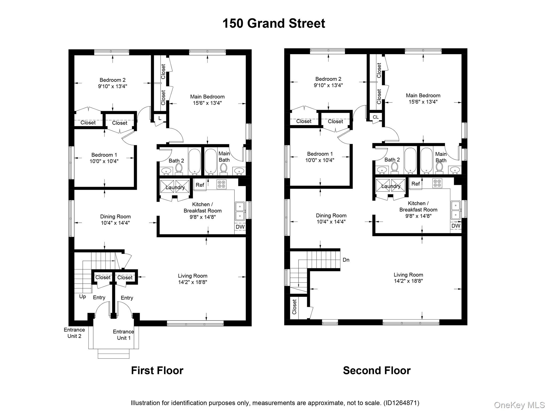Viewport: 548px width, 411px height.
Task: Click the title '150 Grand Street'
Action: pos(273,24)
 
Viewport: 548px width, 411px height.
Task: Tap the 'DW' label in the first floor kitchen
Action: pos(240,227)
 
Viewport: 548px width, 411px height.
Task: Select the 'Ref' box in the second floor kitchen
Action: pos(416,184)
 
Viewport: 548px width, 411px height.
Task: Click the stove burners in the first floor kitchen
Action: pos(222,184)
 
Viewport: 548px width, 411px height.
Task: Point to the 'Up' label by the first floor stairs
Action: pos(82,296)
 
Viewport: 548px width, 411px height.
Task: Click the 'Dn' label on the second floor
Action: pos(346,260)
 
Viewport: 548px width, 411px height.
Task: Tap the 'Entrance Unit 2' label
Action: pos(74,333)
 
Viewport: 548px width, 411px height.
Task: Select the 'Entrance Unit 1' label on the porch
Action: pos(123,335)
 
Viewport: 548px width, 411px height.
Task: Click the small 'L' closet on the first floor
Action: pos(160,118)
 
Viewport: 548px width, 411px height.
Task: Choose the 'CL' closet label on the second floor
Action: pos(376,117)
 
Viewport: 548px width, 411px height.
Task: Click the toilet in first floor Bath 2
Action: pos(179,169)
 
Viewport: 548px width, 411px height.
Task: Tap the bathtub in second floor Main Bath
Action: pos(426,161)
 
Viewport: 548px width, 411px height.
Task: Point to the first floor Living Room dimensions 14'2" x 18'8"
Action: pos(192,282)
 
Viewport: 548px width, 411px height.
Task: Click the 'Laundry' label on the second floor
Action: pos(391,186)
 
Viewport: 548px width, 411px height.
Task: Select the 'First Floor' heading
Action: pos(157,371)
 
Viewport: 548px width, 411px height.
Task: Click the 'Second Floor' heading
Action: pos(376,371)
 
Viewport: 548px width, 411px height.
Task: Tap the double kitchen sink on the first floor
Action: pos(240,211)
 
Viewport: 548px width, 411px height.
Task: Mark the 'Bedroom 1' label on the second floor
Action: pos(320,154)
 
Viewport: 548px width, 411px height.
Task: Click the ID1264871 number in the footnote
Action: pos(401,403)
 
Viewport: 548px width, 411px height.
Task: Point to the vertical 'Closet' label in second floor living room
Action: pos(295,307)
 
